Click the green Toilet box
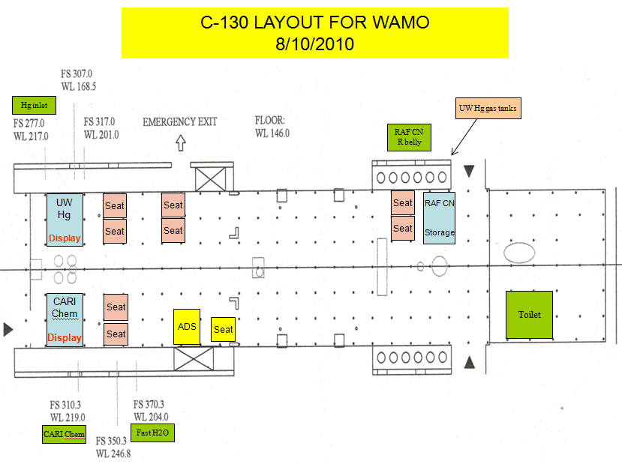coord(530,315)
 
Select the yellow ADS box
coord(187,327)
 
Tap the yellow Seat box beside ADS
coord(224,329)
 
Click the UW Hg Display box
coord(65,219)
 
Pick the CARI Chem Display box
coord(65,319)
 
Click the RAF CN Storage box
coord(439,217)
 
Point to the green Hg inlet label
coord(34,106)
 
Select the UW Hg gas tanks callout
coord(488,109)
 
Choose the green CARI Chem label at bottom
coord(64,434)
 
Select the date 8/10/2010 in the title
coord(314,44)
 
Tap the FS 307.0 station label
coord(78,79)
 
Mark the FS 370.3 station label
coord(149,411)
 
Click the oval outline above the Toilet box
coord(519,252)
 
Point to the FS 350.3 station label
coord(113,448)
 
